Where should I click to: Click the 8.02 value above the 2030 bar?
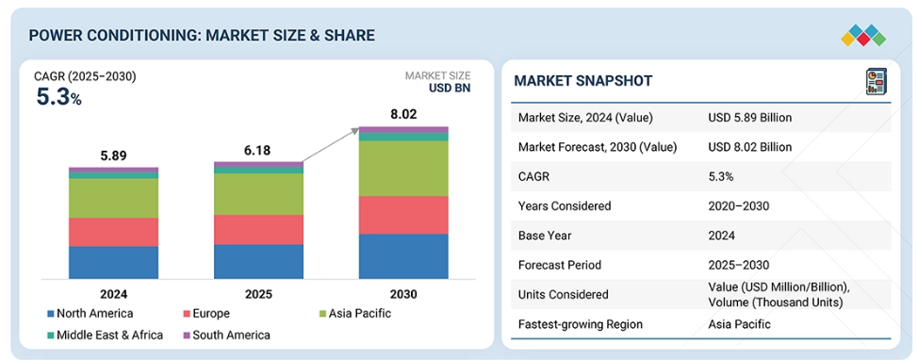click(403, 114)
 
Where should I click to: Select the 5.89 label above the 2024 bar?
click(114, 155)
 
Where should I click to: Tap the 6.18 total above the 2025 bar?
click(258, 151)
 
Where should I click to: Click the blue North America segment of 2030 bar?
click(403, 256)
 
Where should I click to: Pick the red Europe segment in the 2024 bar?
click(114, 232)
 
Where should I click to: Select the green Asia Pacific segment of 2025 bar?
click(258, 194)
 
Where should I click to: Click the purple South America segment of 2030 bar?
click(403, 129)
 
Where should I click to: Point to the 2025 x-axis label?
click(258, 294)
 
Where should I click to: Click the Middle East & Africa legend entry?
click(106, 335)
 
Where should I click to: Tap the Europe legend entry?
click(206, 313)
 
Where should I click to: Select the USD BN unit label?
click(449, 89)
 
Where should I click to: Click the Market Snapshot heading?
click(583, 81)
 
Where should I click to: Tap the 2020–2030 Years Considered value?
click(738, 206)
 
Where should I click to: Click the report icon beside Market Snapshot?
click(876, 81)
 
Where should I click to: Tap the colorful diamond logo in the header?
click(863, 35)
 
